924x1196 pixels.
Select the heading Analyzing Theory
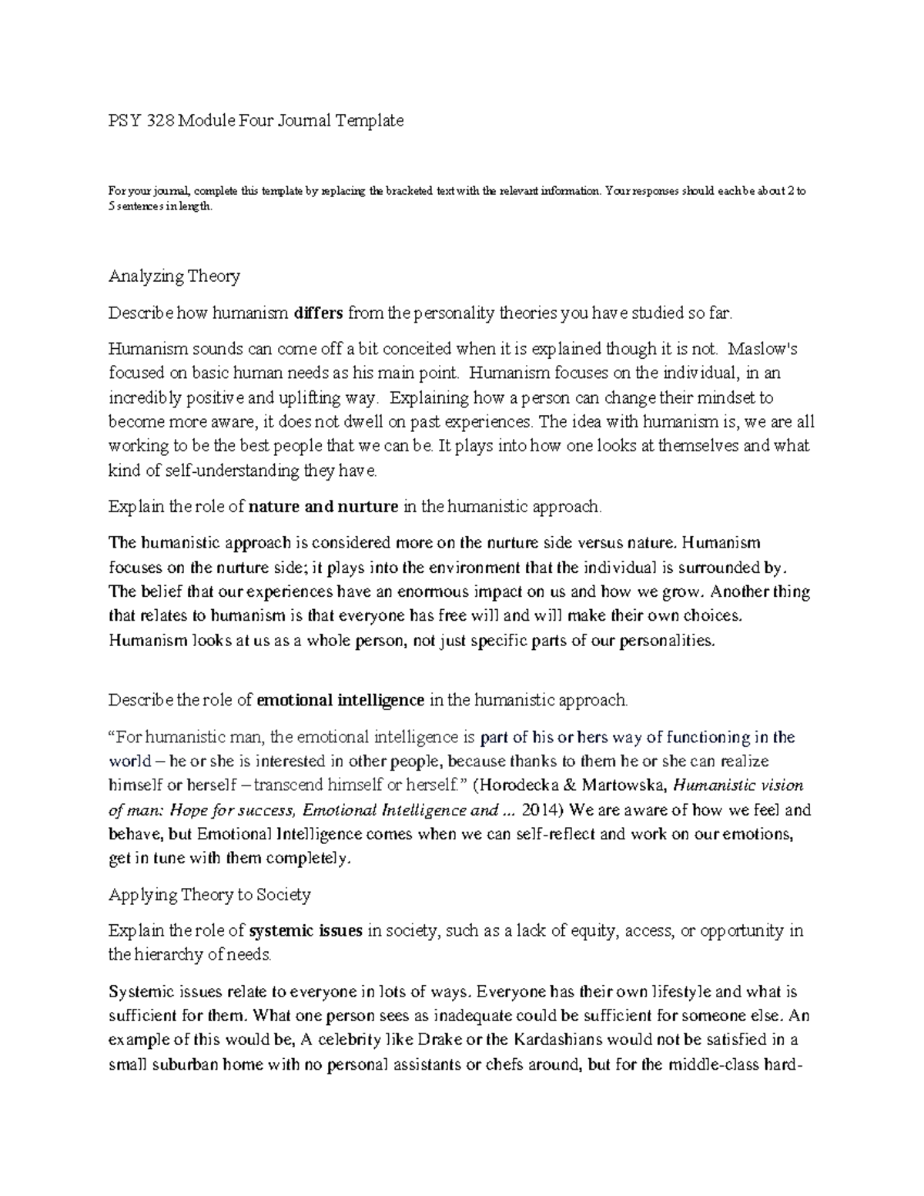[174, 276]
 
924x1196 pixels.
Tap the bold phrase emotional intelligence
[340, 700]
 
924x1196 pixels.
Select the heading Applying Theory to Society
[209, 895]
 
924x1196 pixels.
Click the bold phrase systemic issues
[306, 931]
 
